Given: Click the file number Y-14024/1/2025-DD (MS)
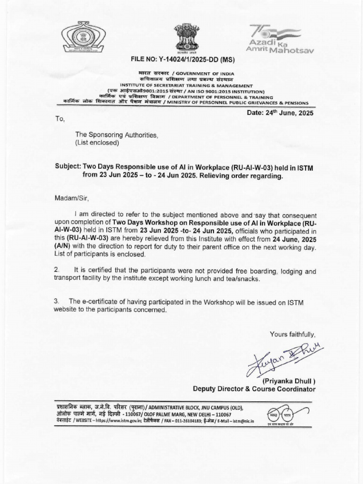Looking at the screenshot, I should coord(182,60).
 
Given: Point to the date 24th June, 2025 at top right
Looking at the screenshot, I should coord(280,113).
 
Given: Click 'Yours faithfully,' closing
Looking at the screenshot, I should coord(292,334).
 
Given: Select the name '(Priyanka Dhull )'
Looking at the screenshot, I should coord(288,381).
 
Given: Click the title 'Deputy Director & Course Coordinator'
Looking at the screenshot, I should coord(254,389).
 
